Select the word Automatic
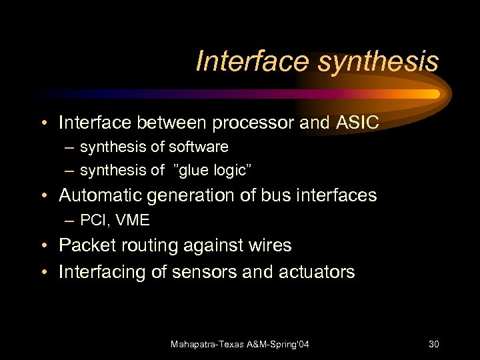point(100,195)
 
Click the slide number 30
point(433,344)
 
